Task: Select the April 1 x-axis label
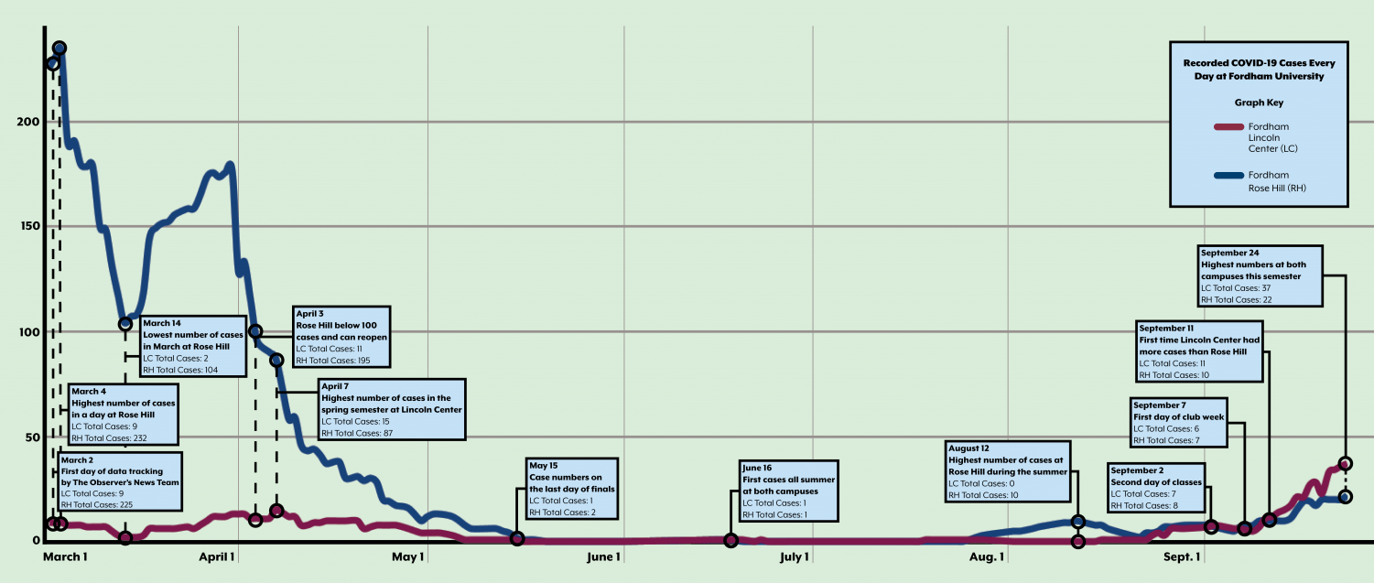pos(217,556)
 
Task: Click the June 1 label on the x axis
pos(604,556)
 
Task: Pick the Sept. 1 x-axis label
pos(1182,556)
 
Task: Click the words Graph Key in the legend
pos(1259,103)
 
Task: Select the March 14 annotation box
pos(192,347)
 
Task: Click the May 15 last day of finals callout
pos(571,490)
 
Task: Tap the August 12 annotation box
pos(1007,471)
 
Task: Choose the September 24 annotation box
pos(1260,275)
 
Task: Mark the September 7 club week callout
pos(1178,423)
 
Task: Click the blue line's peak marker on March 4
pos(60,49)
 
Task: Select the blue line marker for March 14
pos(125,324)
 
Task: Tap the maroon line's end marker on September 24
pos(1345,464)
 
